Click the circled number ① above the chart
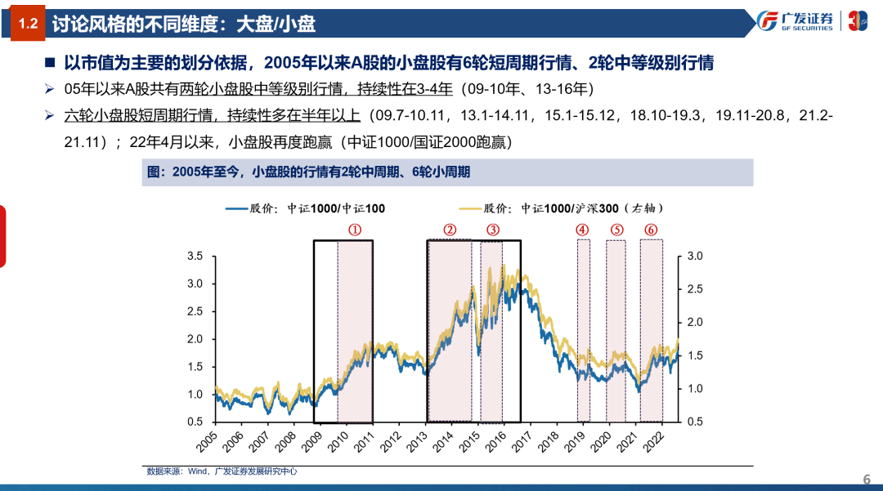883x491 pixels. [355, 230]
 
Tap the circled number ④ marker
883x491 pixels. [582, 230]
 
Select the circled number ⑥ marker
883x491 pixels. [651, 230]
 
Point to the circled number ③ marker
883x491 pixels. [492, 230]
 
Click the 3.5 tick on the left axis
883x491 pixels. [195, 257]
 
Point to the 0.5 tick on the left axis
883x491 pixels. [195, 422]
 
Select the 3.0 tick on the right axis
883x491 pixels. [695, 257]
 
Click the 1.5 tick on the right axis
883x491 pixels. [695, 356]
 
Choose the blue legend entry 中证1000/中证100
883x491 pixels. [306, 208]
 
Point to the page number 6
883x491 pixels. [867, 479]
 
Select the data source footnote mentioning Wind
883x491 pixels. [221, 471]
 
